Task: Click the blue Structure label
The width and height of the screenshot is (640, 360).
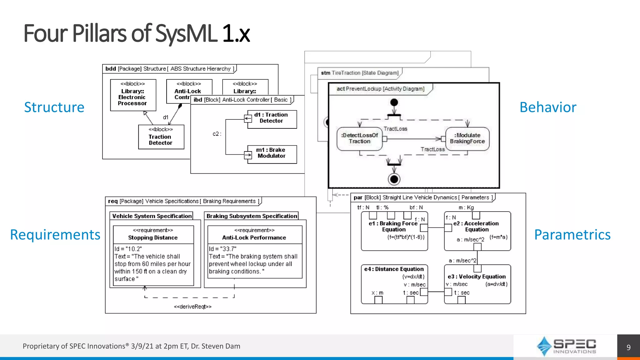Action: coord(54,107)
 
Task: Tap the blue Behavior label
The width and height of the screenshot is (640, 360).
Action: coord(547,107)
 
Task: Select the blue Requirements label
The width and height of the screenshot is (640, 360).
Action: coord(55,235)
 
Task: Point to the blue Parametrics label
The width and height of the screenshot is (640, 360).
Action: coord(572,235)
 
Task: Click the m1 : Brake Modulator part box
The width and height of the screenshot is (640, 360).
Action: coord(272,153)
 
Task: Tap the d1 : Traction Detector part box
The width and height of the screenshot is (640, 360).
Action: coord(272,118)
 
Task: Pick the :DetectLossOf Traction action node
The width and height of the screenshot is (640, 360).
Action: coord(359,138)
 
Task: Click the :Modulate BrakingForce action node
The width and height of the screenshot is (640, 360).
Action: coord(467,138)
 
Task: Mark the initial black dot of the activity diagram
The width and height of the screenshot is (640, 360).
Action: coord(394,102)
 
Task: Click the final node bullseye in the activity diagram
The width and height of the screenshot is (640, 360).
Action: coord(394,179)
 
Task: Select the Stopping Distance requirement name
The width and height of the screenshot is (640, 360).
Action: coord(153,237)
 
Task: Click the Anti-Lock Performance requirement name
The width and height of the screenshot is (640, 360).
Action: coord(254,237)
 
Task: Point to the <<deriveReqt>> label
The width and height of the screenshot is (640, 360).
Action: coord(192,307)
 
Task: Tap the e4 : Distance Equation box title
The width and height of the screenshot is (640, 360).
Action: coord(394,269)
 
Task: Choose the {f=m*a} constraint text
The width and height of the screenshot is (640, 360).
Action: coord(498,237)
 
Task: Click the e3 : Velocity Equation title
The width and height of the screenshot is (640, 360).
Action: coord(477,277)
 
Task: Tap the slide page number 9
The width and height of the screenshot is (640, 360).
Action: coord(628,347)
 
